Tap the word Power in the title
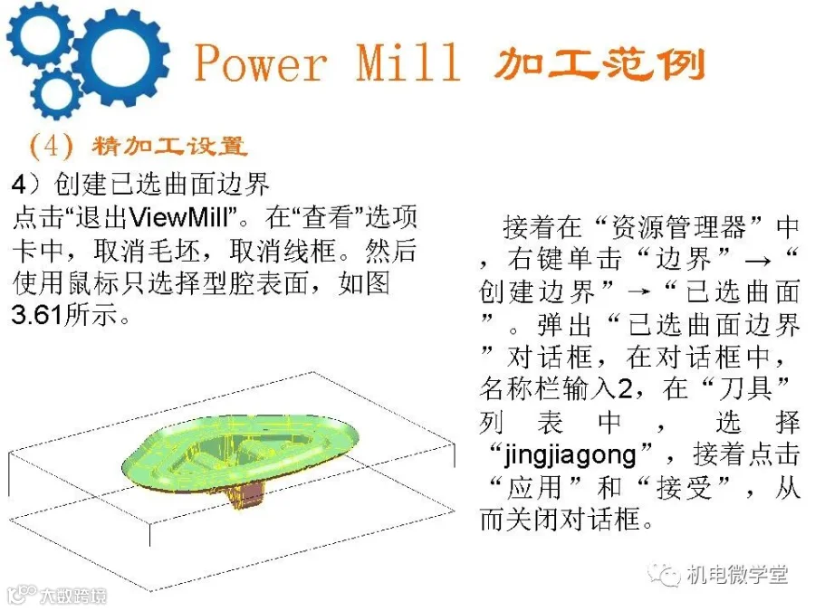point(261,62)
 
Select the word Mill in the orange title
point(408,62)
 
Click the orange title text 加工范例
point(599,63)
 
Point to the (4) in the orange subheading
point(51,146)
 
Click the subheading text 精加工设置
point(169,146)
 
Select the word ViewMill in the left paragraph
point(180,216)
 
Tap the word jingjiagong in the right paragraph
point(570,455)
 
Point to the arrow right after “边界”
point(757,261)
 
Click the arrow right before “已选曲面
point(638,292)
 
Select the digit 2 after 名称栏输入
point(624,388)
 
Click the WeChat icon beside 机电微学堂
point(663,575)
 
